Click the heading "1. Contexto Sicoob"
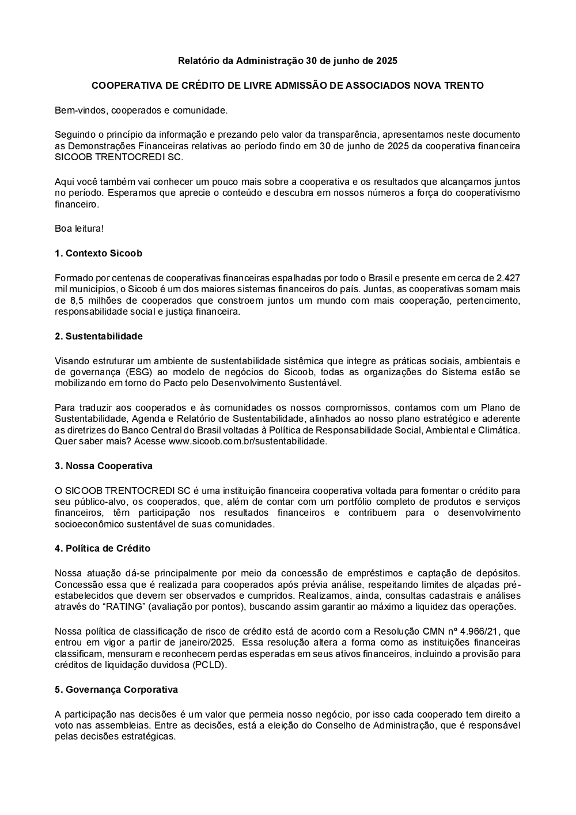(x=98, y=254)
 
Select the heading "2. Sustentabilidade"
(x=98, y=337)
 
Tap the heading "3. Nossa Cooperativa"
(x=104, y=466)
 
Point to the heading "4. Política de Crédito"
(x=103, y=549)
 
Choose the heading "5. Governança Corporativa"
(x=116, y=690)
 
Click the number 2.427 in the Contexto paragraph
(x=508, y=278)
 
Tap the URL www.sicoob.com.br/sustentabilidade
(x=247, y=442)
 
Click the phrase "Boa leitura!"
(x=79, y=229)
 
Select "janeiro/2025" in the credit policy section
(x=207, y=642)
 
